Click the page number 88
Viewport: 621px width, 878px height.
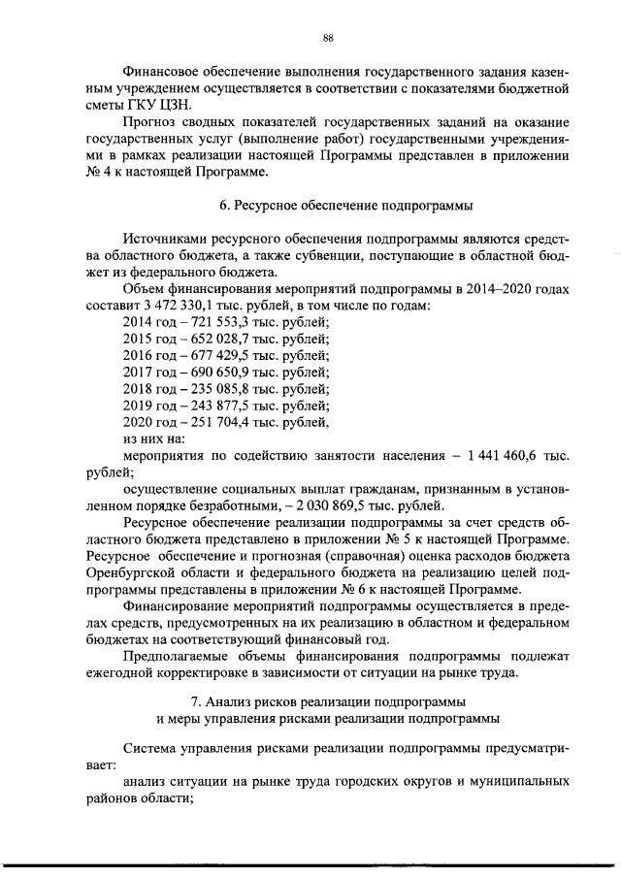point(328,38)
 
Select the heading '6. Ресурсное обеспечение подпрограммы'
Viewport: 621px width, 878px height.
point(328,206)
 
